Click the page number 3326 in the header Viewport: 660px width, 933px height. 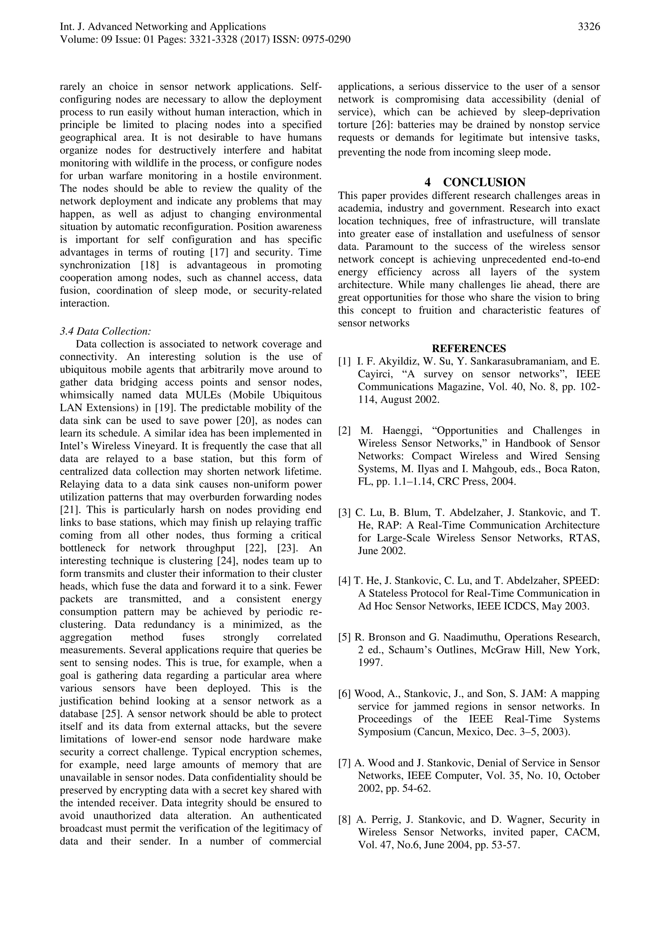[588, 27]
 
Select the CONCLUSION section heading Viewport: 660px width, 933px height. [484, 182]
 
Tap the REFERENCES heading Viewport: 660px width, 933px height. [469, 349]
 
